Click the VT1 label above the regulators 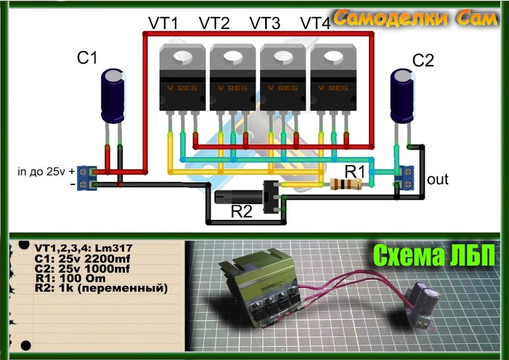(x=163, y=24)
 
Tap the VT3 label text (x=265, y=24)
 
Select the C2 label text (x=422, y=61)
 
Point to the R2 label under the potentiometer (x=241, y=212)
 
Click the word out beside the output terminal (x=437, y=179)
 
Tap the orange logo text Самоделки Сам (x=416, y=19)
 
